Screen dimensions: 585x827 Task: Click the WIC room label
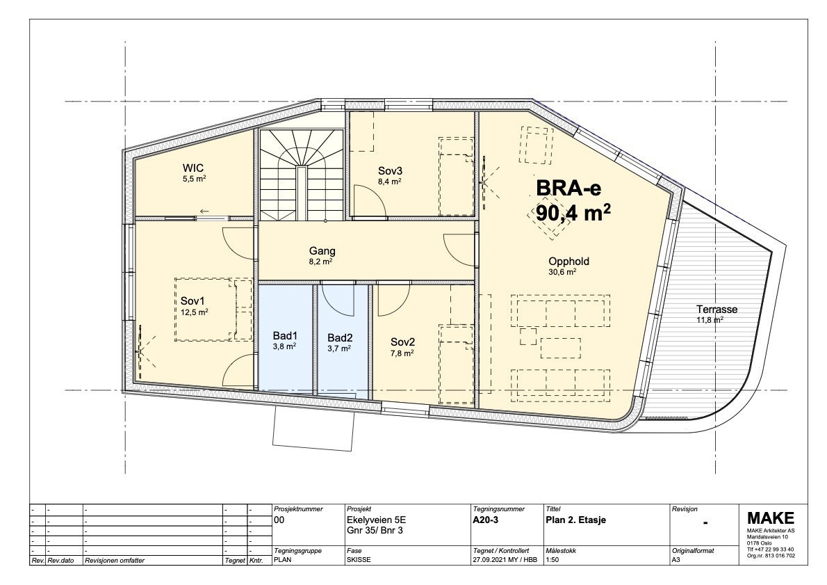pos(194,168)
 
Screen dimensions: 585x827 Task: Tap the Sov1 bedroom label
pos(192,301)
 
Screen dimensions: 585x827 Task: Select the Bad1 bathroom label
pos(284,336)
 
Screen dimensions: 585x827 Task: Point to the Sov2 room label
pos(402,342)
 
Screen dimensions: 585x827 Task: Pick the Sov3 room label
pos(390,170)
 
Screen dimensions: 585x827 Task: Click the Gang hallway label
pos(322,251)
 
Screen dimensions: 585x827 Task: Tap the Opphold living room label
pos(568,262)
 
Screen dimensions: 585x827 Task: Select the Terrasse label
pos(717,310)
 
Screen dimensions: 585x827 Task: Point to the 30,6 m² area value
pos(562,273)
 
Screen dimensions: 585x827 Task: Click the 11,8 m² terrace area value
pos(710,320)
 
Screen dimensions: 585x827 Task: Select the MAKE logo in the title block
pos(770,518)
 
